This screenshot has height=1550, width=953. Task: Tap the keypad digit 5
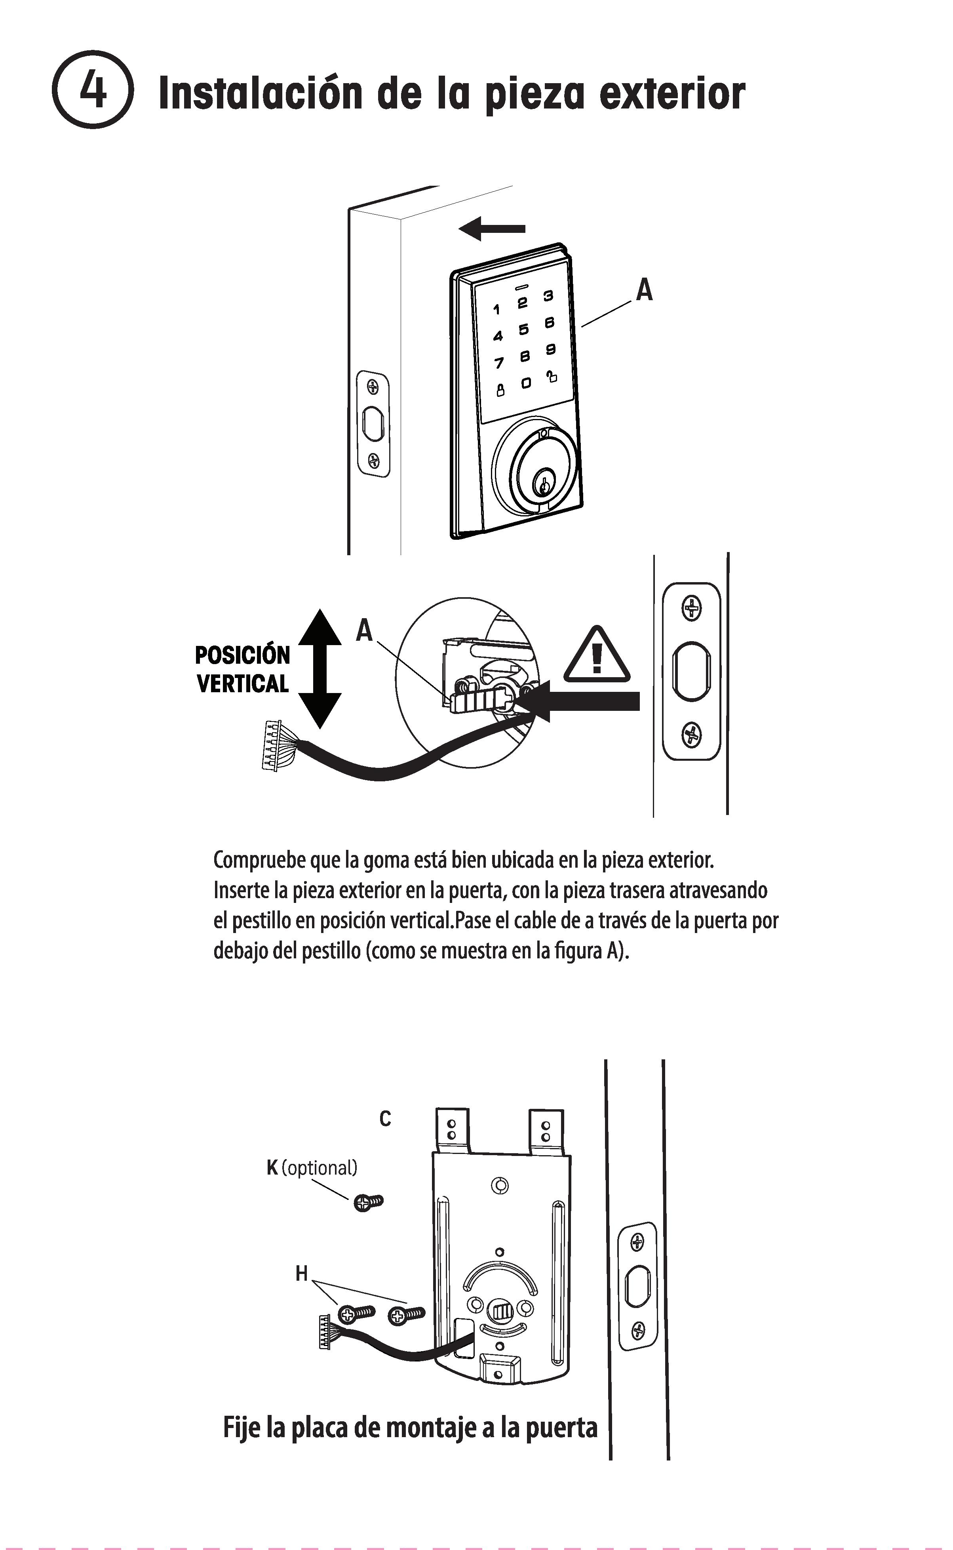click(x=523, y=329)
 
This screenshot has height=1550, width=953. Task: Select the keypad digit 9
click(x=550, y=348)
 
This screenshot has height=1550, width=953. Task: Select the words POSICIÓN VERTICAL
click(x=243, y=669)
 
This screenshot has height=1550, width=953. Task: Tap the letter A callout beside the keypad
click(x=643, y=291)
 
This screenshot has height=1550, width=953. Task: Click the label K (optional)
click(x=311, y=1167)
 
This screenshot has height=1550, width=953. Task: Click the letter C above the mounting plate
click(x=385, y=1119)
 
